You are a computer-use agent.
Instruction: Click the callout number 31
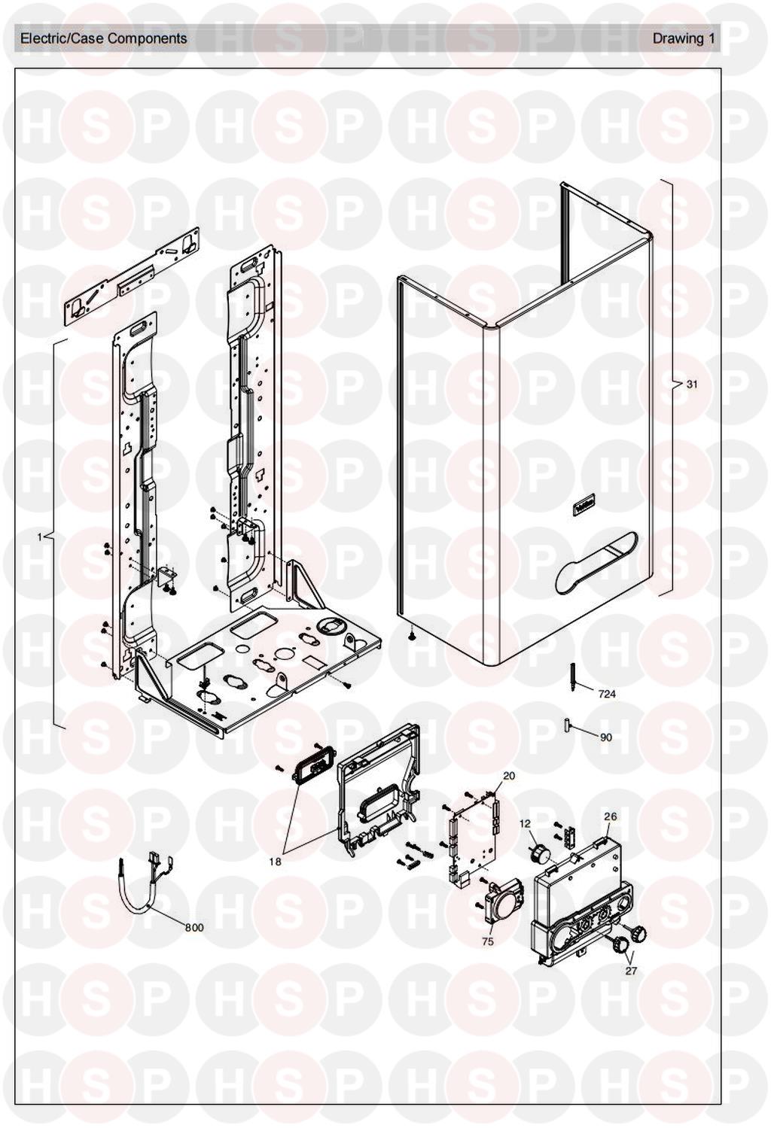point(692,385)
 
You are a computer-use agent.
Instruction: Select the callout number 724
point(606,694)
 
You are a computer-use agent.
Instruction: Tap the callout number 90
point(606,737)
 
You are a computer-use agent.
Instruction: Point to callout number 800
point(194,928)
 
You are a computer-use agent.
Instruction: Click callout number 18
point(276,862)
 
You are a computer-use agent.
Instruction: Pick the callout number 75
point(488,941)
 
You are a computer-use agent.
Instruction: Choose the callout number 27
point(631,971)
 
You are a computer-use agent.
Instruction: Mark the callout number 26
point(610,816)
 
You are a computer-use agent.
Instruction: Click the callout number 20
point(509,776)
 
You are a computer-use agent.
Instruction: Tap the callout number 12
point(525,824)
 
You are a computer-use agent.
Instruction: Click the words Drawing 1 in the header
point(683,38)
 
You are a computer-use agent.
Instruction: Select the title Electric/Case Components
point(104,38)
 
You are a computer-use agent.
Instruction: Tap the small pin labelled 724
point(574,675)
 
